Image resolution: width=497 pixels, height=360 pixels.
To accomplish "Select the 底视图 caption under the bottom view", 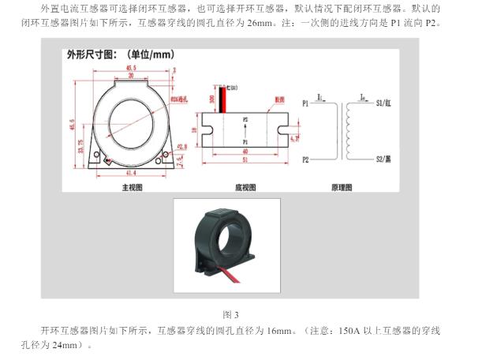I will pyautogui.click(x=246, y=188).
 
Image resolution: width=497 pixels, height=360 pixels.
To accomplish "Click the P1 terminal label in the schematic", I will pyautogui.click(x=306, y=103).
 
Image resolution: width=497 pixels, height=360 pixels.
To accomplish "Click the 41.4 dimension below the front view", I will pyautogui.click(x=130, y=173).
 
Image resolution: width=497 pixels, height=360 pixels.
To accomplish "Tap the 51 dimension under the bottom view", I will pyautogui.click(x=245, y=160).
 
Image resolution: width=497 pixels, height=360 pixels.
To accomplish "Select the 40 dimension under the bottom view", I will pyautogui.click(x=245, y=151).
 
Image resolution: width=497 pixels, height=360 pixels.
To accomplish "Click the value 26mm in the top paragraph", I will pyautogui.click(x=263, y=24).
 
